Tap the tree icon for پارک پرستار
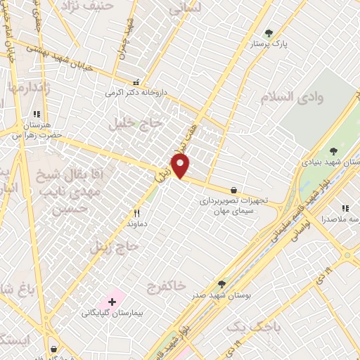268,32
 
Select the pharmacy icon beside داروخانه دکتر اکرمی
136,82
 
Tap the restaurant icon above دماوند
138,212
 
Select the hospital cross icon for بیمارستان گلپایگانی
112,302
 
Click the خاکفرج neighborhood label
166,286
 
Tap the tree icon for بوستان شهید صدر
221,283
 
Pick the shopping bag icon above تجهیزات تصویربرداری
233,190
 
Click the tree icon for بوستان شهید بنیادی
333,150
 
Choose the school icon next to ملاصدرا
345,208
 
